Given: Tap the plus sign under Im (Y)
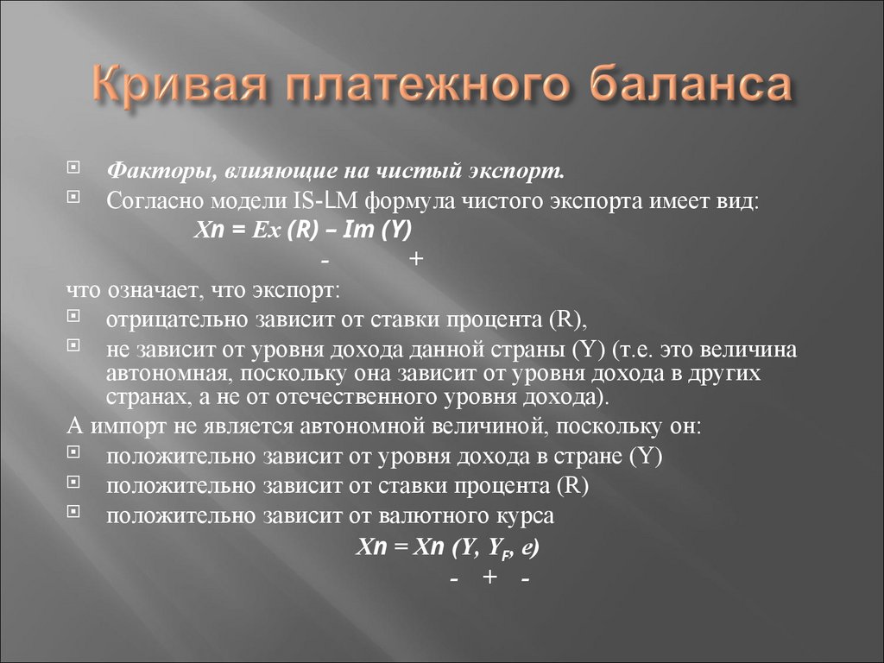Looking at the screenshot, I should click(416, 260).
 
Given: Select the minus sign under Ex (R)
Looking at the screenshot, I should click(325, 260).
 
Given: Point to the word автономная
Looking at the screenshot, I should click(170, 373).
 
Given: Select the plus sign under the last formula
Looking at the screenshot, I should click(489, 578).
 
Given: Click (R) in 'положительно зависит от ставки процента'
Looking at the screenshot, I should click(571, 485).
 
